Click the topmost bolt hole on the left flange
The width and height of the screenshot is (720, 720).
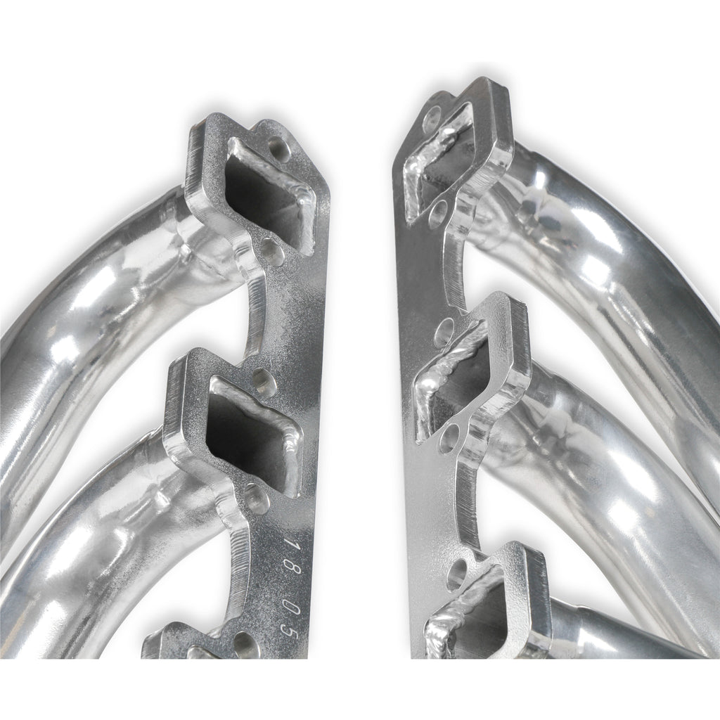coord(280,146)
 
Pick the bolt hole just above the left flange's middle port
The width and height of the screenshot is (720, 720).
coord(260,378)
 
